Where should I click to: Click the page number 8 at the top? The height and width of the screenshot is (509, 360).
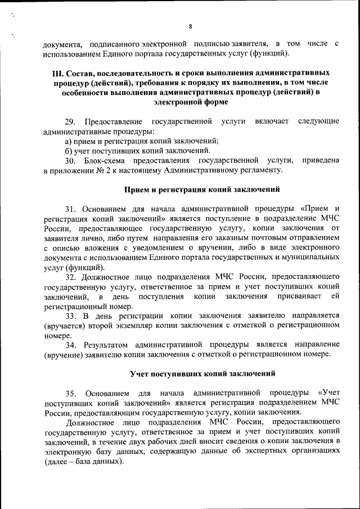[x=190, y=27]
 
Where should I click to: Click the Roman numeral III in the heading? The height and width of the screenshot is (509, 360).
[x=57, y=74]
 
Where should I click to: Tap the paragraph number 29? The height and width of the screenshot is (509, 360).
[x=70, y=122]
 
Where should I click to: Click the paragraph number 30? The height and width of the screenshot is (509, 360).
[x=70, y=160]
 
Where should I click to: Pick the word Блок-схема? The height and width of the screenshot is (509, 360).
[x=103, y=160]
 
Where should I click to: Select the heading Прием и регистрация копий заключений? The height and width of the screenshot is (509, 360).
[x=202, y=189]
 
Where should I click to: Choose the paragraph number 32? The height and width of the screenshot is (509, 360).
[x=70, y=277]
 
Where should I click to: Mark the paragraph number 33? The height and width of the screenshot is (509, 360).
[x=70, y=316]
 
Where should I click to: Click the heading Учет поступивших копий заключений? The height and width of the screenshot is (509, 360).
[x=202, y=373]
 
